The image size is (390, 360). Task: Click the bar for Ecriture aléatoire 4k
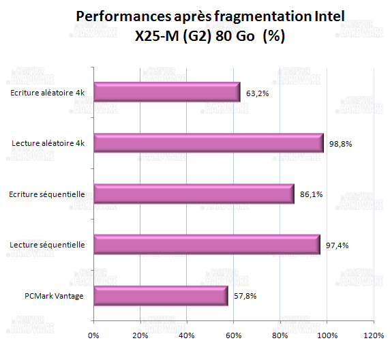166,92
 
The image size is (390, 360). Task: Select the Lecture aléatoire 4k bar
208,143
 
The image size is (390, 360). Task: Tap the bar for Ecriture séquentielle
194,194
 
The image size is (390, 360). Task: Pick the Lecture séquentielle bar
207,245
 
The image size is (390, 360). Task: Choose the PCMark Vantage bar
160,296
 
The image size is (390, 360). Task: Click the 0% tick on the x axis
93,335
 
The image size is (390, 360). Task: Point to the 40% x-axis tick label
186,335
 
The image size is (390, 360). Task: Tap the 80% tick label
280,335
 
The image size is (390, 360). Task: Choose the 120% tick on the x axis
372,335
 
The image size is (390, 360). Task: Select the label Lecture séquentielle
48,245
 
